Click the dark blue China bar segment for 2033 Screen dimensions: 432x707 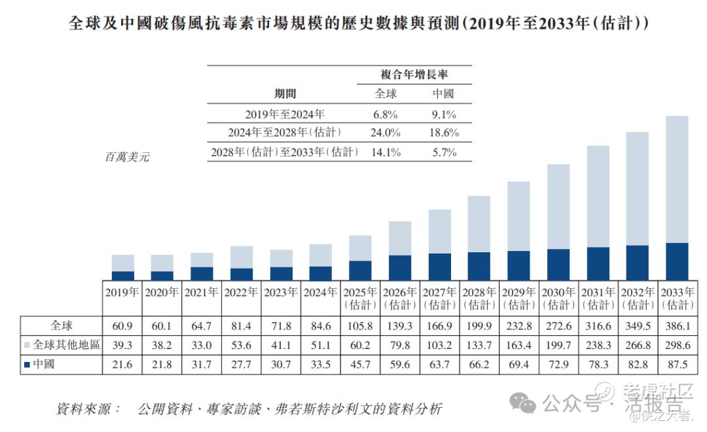tap(676, 261)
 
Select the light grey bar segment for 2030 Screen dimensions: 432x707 tap(558, 207)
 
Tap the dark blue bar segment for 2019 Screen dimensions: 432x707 tap(122, 276)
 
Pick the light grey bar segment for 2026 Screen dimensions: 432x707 tap(399, 238)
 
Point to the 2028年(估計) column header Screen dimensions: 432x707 tap(479, 299)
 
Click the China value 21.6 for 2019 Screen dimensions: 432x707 tap(122, 365)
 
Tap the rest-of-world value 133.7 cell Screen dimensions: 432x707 tap(479, 345)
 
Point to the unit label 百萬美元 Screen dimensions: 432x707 tap(127, 158)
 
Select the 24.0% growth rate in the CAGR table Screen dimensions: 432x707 tap(386, 132)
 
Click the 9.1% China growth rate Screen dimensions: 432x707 tap(443, 114)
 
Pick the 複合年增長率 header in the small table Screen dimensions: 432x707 tap(414, 74)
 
